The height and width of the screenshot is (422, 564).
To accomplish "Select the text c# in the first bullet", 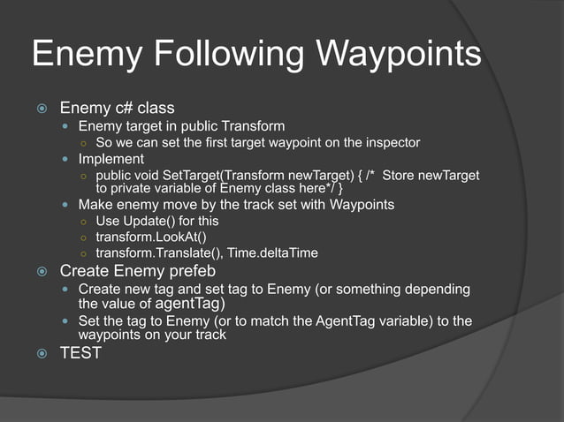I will click(126, 109).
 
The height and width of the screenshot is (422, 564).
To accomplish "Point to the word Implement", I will click(111, 159).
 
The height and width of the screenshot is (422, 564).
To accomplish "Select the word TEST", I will click(80, 353).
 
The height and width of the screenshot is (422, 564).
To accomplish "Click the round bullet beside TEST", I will click(41, 353).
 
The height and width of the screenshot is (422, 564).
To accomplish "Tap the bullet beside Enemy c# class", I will click(41, 109).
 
